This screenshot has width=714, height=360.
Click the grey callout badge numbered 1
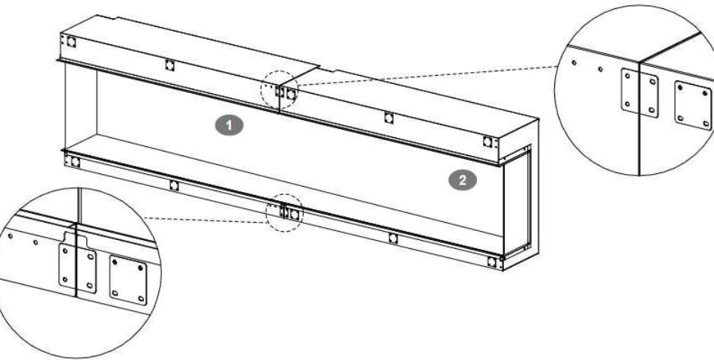(229, 125)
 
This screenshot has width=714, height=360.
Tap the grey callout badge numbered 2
(463, 180)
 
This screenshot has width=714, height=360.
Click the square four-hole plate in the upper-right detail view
(692, 106)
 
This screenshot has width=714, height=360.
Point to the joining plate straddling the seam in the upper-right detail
(640, 93)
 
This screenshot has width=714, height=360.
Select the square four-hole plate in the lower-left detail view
(128, 280)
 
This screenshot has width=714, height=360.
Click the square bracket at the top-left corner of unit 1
(71, 42)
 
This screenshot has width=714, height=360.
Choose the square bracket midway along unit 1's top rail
(169, 65)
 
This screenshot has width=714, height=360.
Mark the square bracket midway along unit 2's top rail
(388, 118)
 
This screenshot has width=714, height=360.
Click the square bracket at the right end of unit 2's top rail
(487, 142)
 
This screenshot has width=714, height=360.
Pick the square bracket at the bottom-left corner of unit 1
(75, 161)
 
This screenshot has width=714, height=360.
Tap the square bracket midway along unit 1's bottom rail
(174, 185)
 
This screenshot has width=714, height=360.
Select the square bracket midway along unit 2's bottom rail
(393, 238)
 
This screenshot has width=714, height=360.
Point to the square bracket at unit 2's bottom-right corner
(492, 262)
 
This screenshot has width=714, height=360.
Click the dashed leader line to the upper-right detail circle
(426, 76)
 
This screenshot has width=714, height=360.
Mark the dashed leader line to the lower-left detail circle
(205, 220)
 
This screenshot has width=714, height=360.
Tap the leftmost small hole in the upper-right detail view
(574, 62)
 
